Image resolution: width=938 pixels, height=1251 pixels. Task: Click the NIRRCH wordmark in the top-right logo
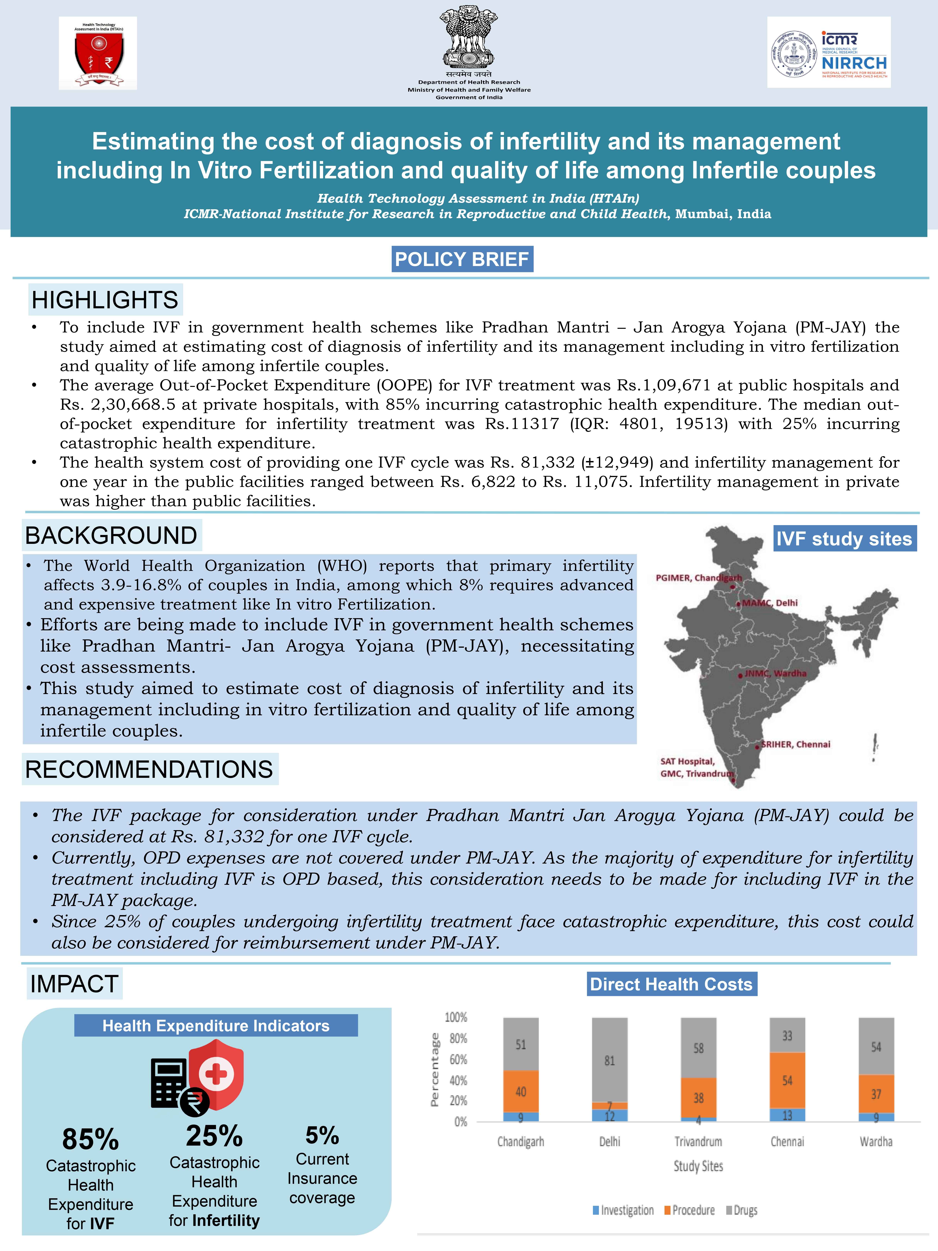coord(854,63)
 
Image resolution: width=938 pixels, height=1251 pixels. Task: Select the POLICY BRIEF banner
coord(462,259)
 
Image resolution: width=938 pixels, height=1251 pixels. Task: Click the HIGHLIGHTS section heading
coord(105,300)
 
